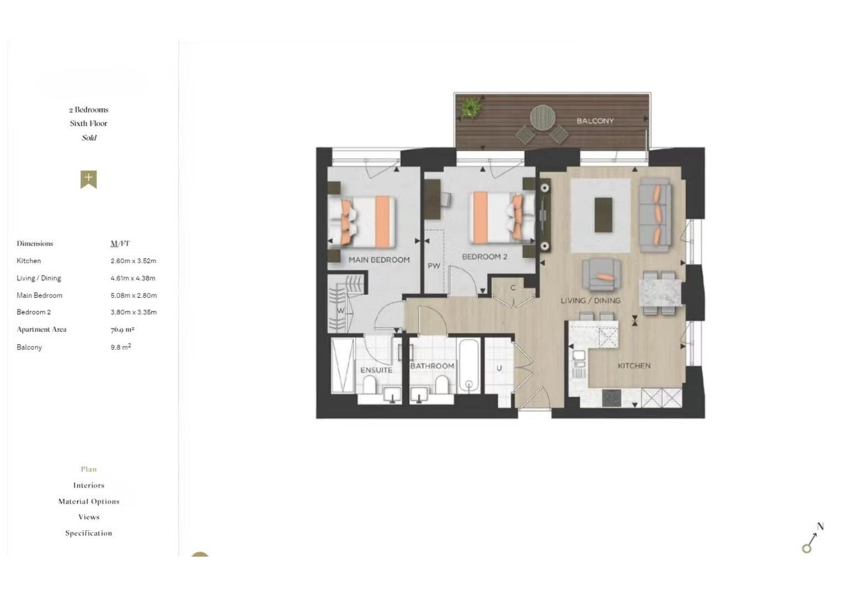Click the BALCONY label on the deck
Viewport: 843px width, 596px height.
(595, 121)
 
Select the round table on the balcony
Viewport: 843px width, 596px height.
(543, 117)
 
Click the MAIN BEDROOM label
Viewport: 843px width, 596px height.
(379, 259)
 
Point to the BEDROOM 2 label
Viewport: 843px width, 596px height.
(484, 257)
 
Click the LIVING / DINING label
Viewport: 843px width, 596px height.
(590, 301)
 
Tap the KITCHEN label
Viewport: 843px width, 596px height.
(634, 366)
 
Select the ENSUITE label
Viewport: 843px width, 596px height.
(376, 370)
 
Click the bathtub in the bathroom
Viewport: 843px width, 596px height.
(469, 366)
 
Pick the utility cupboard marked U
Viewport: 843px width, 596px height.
(499, 368)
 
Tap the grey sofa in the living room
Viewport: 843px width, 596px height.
(655, 215)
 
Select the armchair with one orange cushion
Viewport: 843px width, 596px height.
(601, 274)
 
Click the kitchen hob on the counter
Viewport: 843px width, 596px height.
(612, 398)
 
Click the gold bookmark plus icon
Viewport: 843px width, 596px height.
(88, 179)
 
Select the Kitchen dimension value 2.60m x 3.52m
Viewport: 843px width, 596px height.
(134, 261)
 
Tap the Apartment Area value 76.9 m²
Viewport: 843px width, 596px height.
(122, 329)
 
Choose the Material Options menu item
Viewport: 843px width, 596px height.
(89, 502)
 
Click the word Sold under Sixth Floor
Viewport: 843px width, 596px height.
(89, 138)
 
